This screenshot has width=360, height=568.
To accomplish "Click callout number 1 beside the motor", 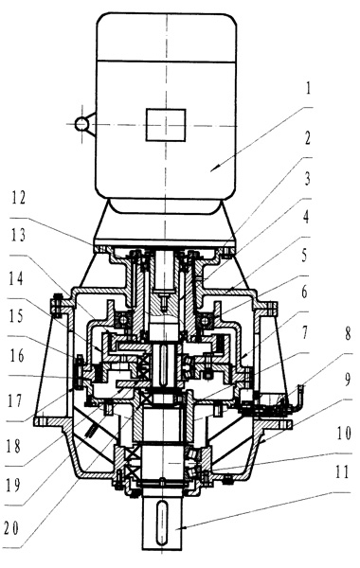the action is [x=308, y=88].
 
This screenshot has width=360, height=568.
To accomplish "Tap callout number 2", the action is [x=308, y=138].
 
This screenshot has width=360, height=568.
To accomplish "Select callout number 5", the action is [x=304, y=256].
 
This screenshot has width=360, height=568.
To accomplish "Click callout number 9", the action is [x=348, y=380].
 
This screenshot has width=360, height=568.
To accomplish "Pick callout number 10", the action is [x=344, y=434].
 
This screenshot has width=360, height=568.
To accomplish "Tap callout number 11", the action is [x=342, y=472].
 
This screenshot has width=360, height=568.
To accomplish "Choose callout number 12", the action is [x=18, y=199].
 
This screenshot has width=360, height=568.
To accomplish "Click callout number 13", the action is [x=18, y=236].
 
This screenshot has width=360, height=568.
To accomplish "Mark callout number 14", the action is [x=17, y=279].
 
